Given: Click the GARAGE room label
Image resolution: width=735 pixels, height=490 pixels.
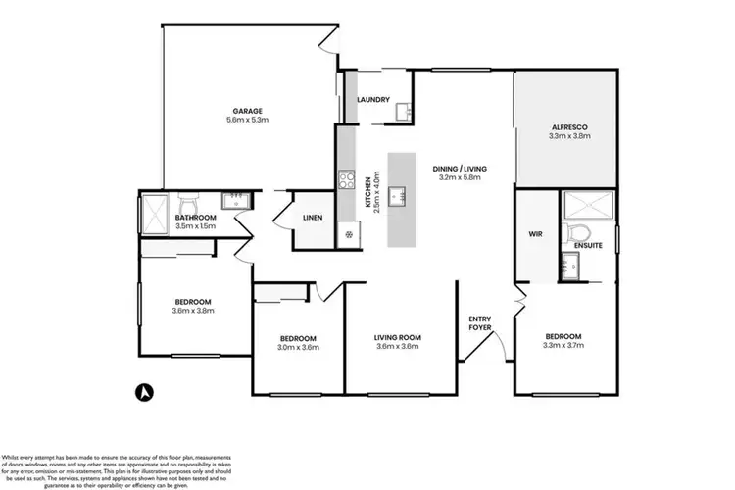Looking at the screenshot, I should coord(247,111).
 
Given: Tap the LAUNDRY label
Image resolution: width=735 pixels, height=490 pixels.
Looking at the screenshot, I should coord(374,100).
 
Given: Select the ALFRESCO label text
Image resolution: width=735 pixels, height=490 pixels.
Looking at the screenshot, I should coord(566,127).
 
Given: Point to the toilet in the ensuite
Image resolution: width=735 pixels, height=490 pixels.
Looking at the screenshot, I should coord(579,233).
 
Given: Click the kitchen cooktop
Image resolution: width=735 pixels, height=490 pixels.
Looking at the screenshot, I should coord(346,179).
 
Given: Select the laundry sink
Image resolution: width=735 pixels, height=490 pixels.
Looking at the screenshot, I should coord(403,113).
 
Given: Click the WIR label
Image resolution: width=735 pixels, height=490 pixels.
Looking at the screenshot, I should coord(535,235).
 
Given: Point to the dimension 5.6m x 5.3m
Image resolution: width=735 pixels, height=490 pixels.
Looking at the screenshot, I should coord(247,120).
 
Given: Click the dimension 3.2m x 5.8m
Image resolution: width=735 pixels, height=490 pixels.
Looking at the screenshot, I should coord(460,177).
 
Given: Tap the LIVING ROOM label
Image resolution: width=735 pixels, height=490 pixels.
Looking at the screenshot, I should coord(397,338).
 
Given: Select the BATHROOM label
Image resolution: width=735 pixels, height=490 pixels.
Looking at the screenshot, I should coord(195,218).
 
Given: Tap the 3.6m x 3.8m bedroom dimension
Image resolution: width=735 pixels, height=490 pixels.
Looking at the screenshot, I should coord(193,311).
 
